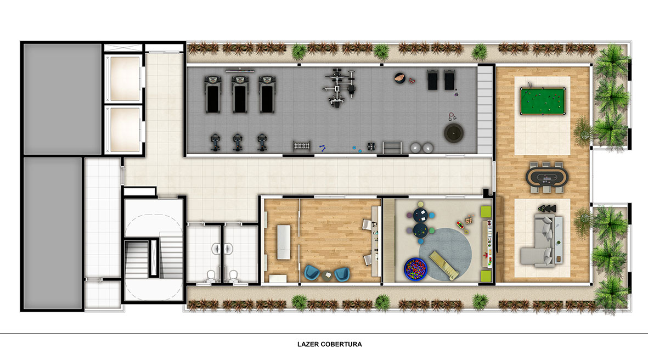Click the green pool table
[543, 101]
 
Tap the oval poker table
[546, 178]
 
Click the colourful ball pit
[416, 269]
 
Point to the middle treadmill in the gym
[240, 94]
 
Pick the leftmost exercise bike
[215, 142]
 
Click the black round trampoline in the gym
[454, 133]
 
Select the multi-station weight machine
[339, 88]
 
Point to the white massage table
[284, 242]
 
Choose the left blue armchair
[312, 273]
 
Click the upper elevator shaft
[125, 78]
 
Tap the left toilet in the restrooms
[211, 275]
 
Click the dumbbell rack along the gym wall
[302, 145]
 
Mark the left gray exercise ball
[415, 148]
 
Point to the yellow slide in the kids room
[444, 266]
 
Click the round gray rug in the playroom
[445, 254]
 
